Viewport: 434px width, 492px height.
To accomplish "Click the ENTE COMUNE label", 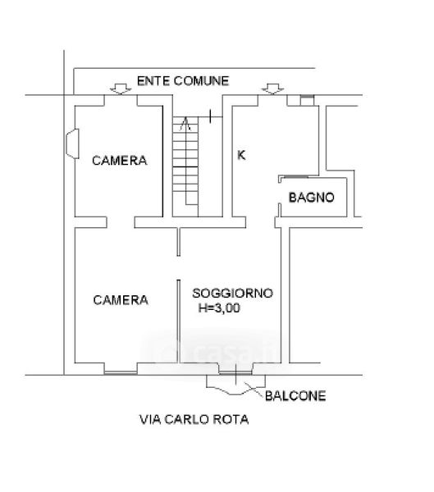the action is [183, 81].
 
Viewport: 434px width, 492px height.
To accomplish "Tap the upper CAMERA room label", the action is [119, 161].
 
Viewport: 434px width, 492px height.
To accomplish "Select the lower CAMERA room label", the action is [121, 300].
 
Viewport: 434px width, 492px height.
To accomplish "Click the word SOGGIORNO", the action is [232, 293].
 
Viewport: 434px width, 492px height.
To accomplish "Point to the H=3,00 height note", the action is [219, 307].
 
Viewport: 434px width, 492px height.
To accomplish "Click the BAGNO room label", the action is [311, 198].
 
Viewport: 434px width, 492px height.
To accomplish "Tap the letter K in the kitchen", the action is [241, 155].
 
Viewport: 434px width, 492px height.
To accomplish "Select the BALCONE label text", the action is [295, 396].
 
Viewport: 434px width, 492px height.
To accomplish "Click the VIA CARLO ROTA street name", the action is [194, 419].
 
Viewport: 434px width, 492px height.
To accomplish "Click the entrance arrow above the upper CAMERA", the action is [121, 89].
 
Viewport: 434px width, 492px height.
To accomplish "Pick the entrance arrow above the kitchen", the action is [272, 89].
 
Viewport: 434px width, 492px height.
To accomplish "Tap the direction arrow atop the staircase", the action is [185, 123].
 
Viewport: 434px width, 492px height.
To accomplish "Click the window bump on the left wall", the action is [72, 143].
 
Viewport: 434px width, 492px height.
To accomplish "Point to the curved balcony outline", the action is [235, 389].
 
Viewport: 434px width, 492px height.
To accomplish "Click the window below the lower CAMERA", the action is [121, 372].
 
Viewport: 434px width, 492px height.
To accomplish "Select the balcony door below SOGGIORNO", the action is [235, 373].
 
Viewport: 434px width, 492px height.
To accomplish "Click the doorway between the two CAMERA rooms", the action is [121, 222].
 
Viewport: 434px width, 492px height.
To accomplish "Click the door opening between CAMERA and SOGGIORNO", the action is [178, 267].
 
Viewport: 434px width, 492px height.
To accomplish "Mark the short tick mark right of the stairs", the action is [210, 116].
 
